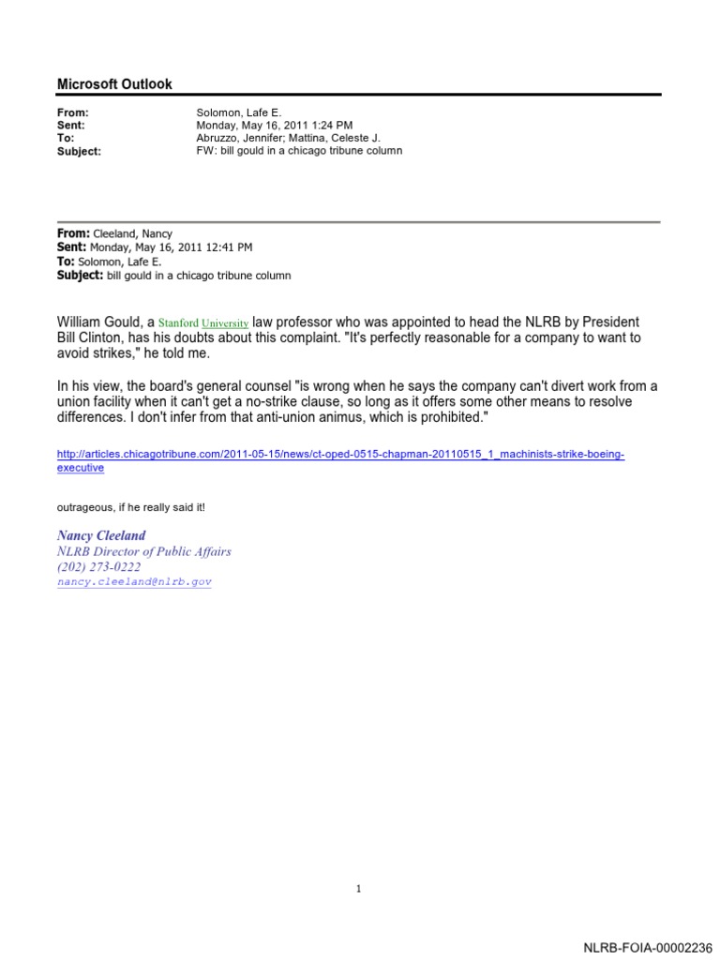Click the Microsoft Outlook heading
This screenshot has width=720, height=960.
114,84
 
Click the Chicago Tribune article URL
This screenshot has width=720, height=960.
340,455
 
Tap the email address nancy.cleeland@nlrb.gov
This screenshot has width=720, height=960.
134,582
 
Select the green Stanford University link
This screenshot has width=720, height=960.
202,322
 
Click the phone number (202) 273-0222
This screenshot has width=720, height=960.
99,567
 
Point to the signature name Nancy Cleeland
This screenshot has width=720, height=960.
101,535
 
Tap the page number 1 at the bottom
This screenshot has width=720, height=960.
359,889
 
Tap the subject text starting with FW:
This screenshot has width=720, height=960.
299,150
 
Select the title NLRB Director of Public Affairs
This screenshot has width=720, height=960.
144,551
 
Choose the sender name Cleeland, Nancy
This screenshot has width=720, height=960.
132,233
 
